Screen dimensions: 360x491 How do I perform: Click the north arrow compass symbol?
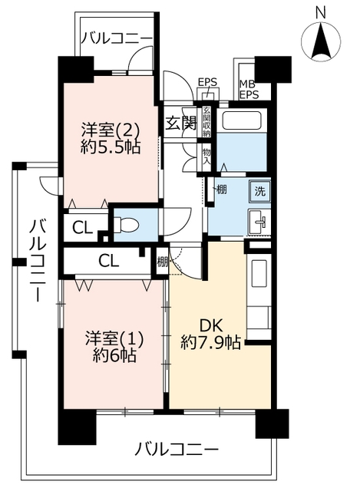pos(321,41)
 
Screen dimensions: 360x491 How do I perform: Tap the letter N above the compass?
pos(321,13)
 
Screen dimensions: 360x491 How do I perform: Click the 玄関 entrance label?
pos(181,123)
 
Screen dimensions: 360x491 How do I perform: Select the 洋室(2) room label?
pos(111,130)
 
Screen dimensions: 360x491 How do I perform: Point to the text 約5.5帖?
pos(111,147)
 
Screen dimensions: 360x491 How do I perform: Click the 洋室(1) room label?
pos(114,338)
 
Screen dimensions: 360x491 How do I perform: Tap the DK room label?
pos(211,326)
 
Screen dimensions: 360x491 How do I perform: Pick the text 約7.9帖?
pos(211,343)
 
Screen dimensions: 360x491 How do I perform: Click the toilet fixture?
pos(126,225)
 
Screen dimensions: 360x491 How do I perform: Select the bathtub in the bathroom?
pos(242,120)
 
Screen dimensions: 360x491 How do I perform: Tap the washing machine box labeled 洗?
pos(259,191)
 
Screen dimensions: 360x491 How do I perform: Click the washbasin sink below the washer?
pos(259,222)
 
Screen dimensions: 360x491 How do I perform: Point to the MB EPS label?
pos(249,90)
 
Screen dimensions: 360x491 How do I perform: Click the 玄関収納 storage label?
pos(206,122)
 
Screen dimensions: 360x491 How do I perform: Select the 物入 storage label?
pos(206,157)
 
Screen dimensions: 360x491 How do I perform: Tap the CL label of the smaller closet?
pos(83,228)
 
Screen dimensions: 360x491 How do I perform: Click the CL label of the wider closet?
pos(109,260)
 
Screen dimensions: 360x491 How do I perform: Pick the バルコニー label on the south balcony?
pos(177,450)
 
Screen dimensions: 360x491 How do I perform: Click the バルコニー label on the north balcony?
pos(117,38)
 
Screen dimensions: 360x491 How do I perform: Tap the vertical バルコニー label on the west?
pos(38,261)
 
